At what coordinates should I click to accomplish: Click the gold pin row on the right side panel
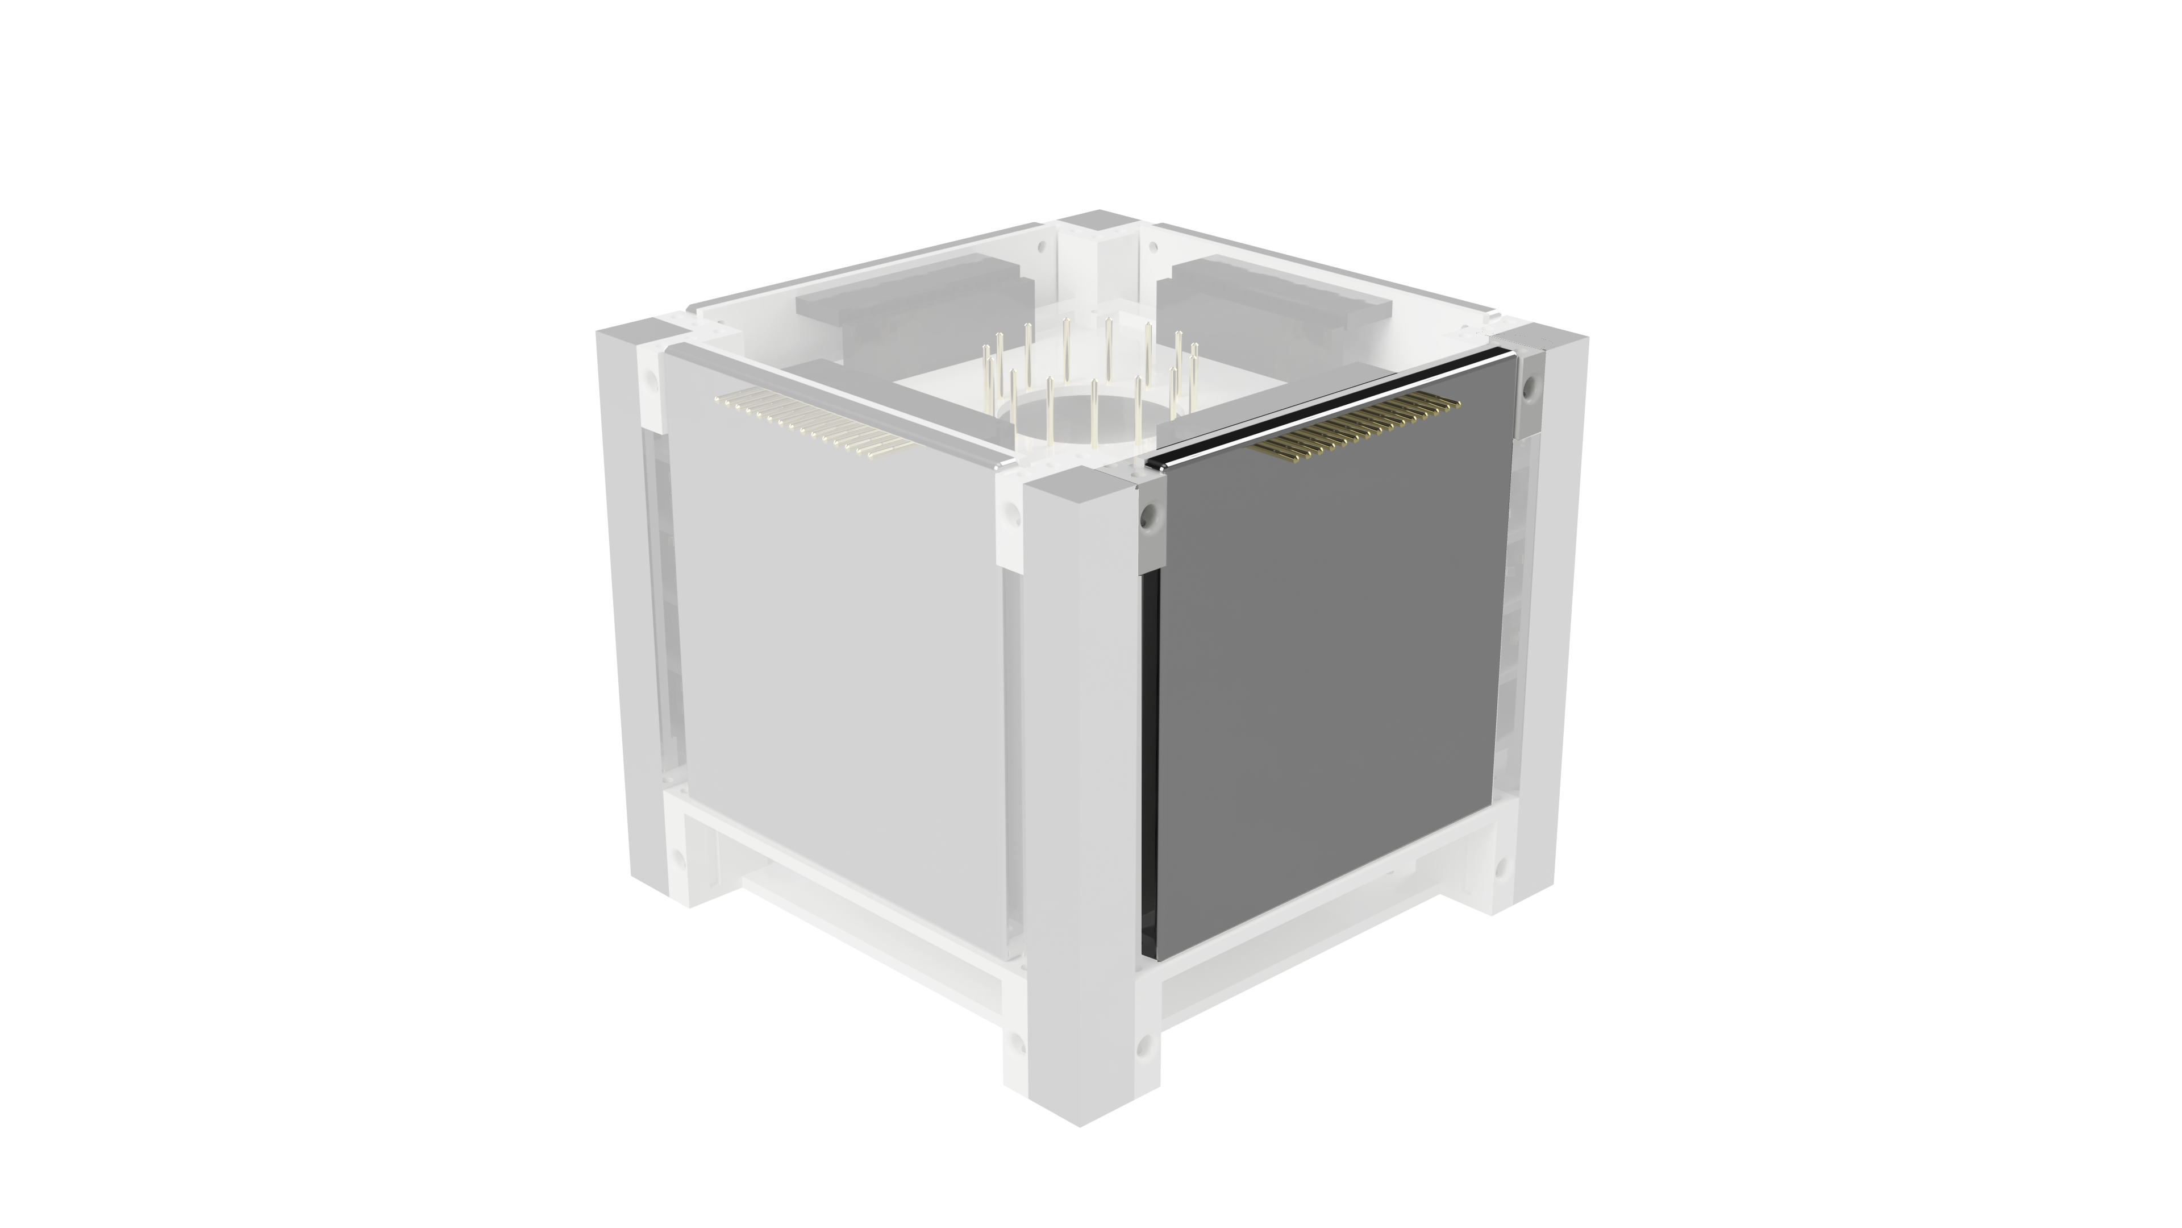(x=1355, y=432)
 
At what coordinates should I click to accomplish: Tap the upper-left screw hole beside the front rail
(x=1010, y=513)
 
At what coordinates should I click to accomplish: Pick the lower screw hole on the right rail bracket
(x=1501, y=869)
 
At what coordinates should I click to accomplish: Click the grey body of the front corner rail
(x=1077, y=763)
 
